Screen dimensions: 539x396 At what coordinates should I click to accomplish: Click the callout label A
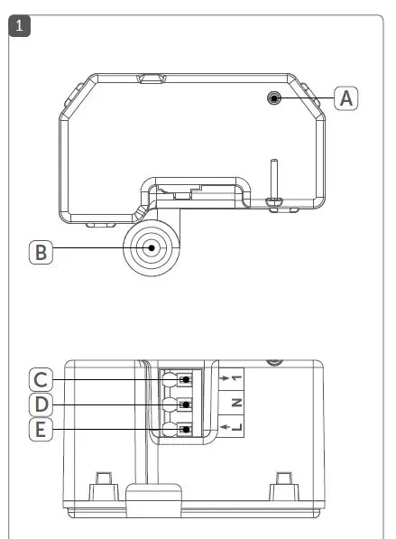345,98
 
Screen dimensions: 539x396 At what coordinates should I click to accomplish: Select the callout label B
41,251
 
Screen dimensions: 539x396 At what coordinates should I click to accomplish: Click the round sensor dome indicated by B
152,247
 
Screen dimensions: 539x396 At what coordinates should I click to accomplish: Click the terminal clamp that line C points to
186,378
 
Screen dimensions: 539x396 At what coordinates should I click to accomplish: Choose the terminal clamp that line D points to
186,404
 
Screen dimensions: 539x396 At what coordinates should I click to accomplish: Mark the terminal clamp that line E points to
186,430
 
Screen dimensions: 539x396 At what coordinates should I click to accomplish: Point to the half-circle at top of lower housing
273,362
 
